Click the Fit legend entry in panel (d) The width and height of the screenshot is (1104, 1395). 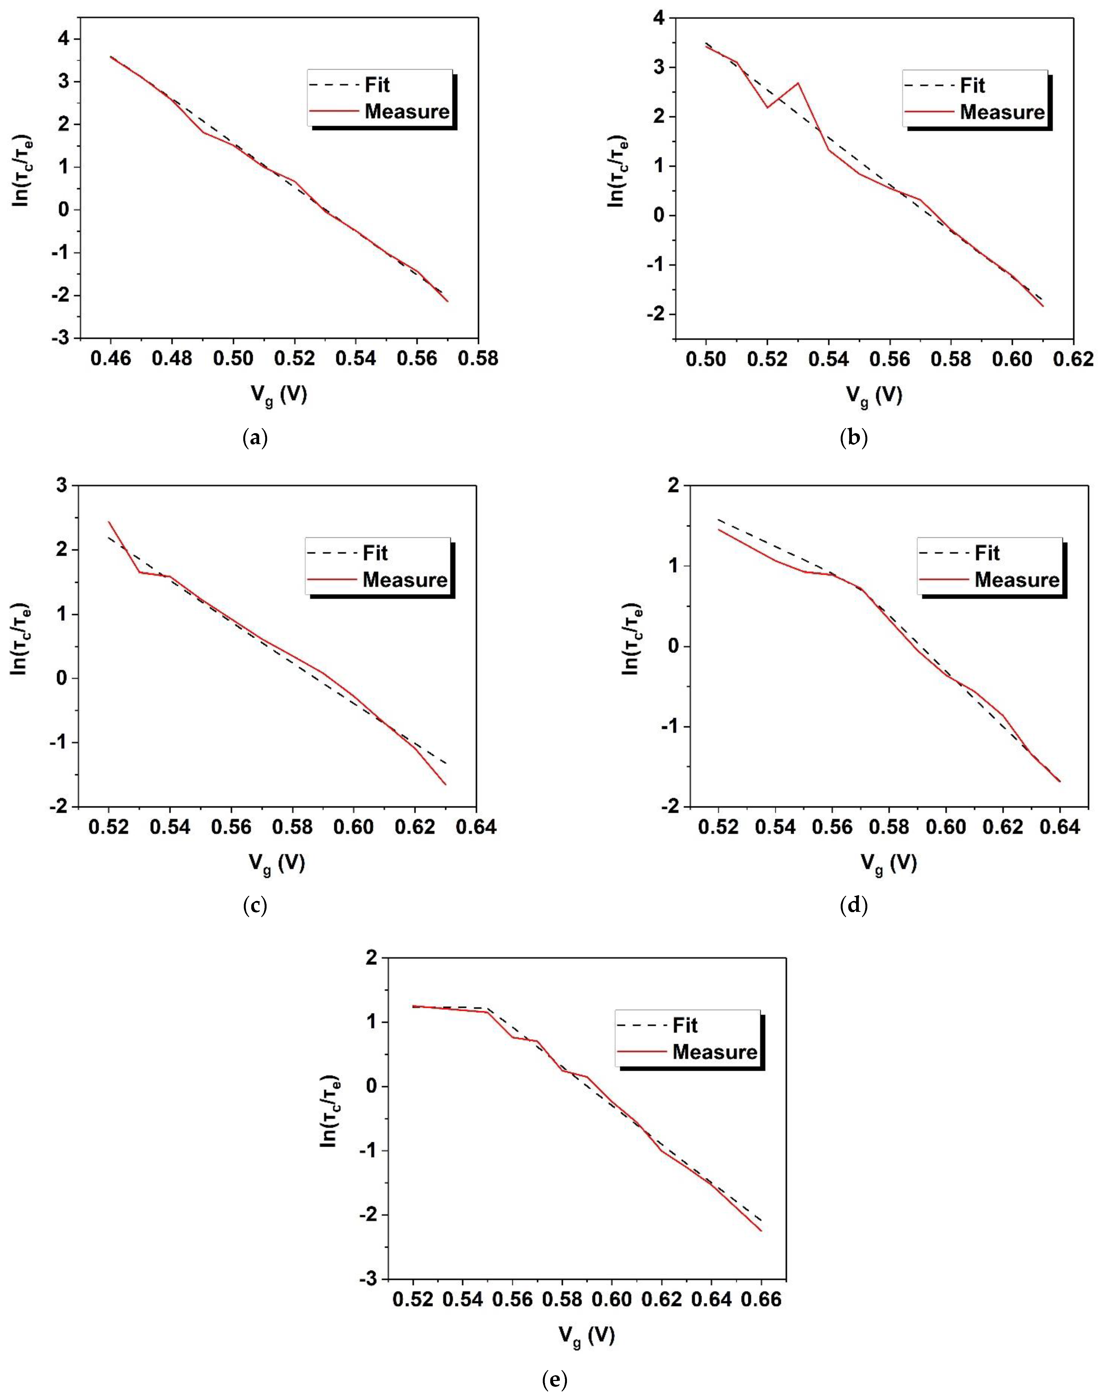[x=987, y=553]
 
